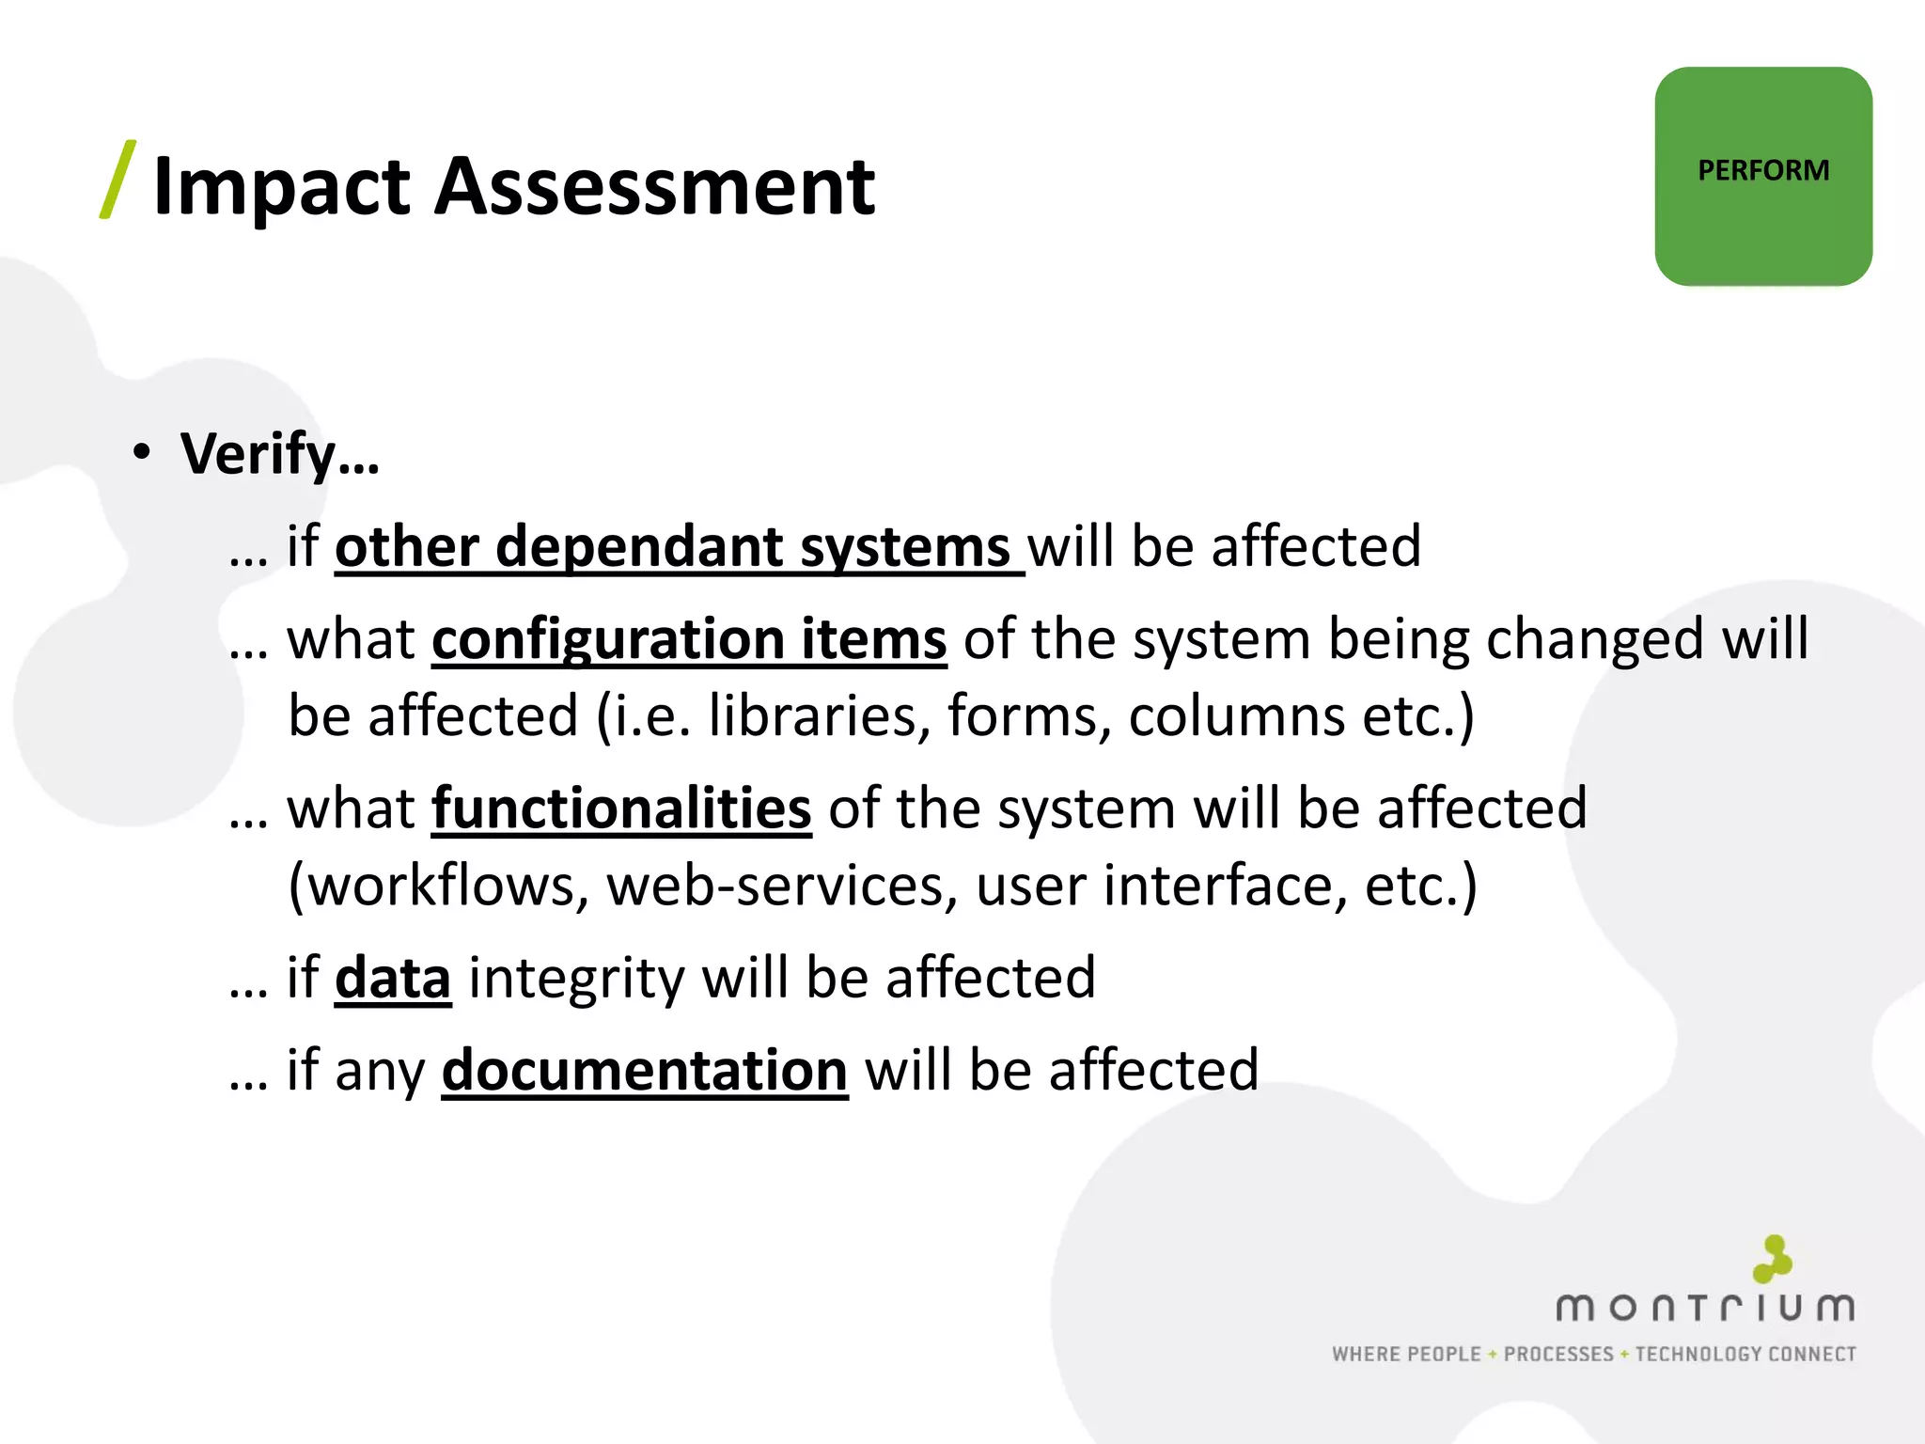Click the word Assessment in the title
654,186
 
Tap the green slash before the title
118,180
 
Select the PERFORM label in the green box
1763,171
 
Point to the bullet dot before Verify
142,452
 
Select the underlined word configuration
606,640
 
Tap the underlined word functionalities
621,808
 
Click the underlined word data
393,978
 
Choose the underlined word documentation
645,1071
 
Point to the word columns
1237,716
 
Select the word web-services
775,886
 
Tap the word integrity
576,979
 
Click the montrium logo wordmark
1705,1308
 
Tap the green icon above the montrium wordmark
1773,1259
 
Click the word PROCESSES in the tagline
1558,1354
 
